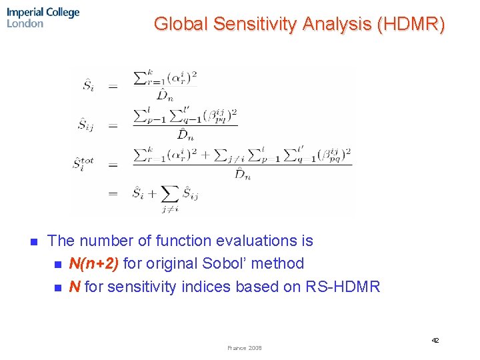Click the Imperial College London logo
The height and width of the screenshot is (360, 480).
tap(43, 18)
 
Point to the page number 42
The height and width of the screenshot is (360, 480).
tap(435, 341)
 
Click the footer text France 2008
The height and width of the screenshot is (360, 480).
tap(245, 348)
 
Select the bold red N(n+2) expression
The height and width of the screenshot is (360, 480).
tap(94, 263)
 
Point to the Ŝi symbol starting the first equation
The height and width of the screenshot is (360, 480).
tap(89, 85)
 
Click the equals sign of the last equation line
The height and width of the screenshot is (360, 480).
tap(113, 194)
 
